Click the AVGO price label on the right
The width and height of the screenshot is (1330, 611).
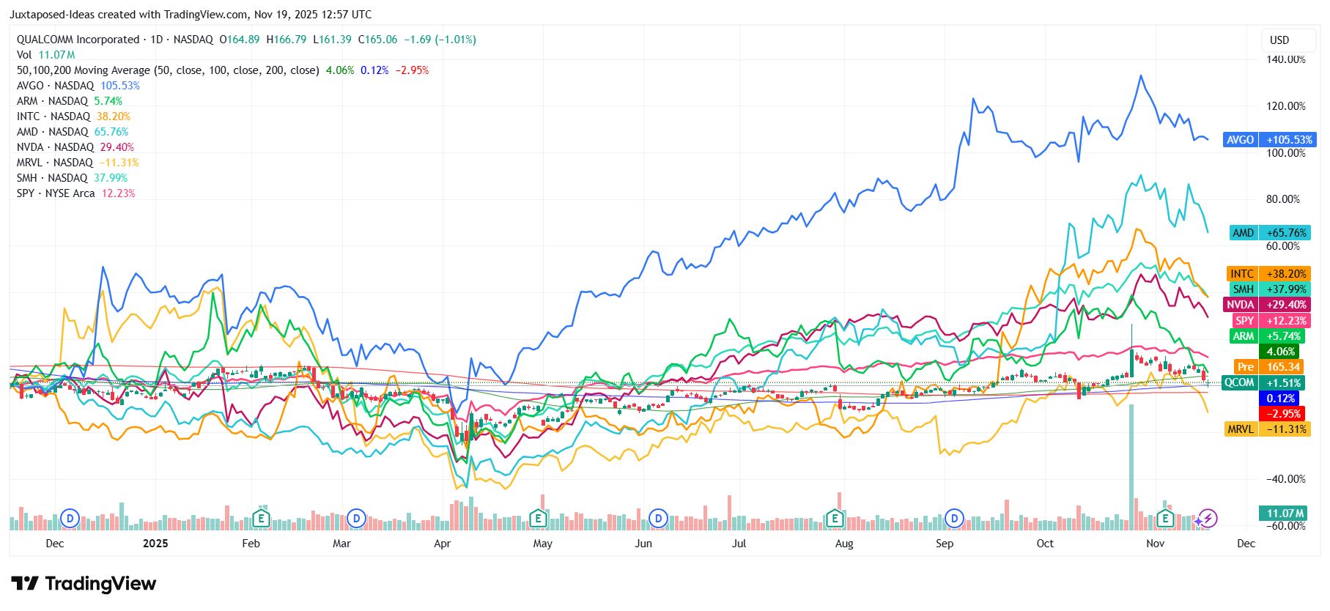[x=1269, y=140]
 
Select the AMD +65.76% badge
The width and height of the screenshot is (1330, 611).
[x=1269, y=233]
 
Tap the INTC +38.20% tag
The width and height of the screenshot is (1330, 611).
[x=1269, y=274]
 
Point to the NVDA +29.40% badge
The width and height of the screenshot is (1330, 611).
[x=1269, y=305]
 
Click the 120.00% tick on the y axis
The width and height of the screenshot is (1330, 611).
[x=1285, y=106]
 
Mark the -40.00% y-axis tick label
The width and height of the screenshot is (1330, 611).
[x=1285, y=479]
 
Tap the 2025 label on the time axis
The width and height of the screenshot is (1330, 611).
[x=155, y=544]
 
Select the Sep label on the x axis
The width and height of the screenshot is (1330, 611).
[x=945, y=544]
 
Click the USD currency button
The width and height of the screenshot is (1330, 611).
[x=1279, y=40]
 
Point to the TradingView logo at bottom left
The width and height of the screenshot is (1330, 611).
[x=84, y=584]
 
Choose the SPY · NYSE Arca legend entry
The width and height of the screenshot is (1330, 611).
[x=75, y=193]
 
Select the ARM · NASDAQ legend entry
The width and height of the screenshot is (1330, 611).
[x=69, y=101]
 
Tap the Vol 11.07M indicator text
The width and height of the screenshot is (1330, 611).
[x=45, y=55]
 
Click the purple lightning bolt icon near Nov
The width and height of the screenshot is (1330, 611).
[x=1208, y=519]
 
